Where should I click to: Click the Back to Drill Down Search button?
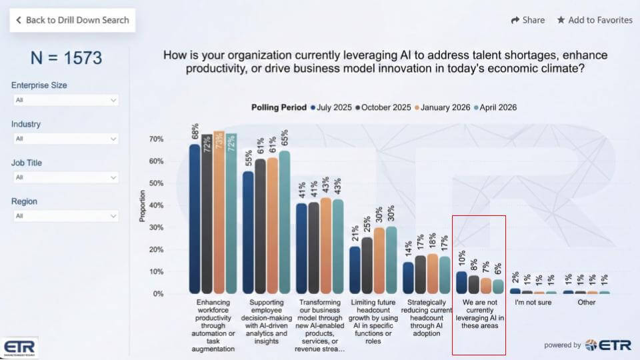pyautogui.click(x=73, y=20)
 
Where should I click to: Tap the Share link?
pyautogui.click(x=527, y=20)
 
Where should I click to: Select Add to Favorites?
pyautogui.click(x=595, y=20)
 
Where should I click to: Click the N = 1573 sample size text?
pyautogui.click(x=66, y=58)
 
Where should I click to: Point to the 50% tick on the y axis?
pyautogui.click(x=156, y=183)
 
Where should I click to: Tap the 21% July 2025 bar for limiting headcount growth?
pyautogui.click(x=355, y=270)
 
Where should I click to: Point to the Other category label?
pyautogui.click(x=587, y=302)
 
